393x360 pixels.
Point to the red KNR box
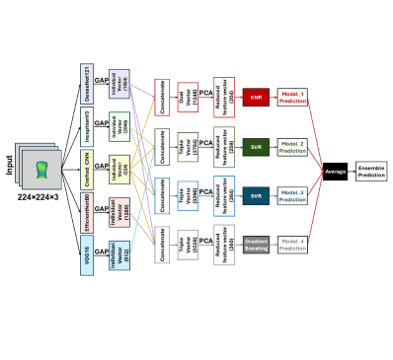[x=256, y=97]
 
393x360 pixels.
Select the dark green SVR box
[x=256, y=148]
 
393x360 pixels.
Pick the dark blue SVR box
[x=256, y=195]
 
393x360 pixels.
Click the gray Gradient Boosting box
[x=256, y=243]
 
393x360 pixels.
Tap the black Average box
[x=336, y=172]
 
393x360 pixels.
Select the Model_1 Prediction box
[x=293, y=97]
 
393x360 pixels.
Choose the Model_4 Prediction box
[x=293, y=243]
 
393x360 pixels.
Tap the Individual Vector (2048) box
[x=119, y=129]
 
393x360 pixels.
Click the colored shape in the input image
[x=40, y=165]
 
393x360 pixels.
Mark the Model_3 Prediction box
[x=293, y=195]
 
